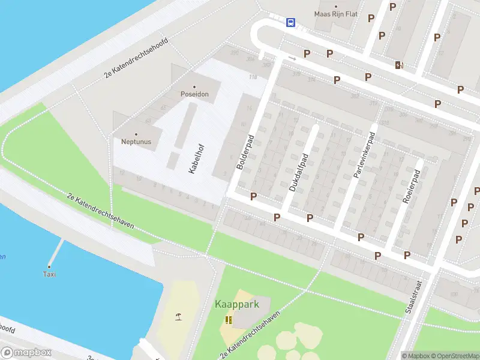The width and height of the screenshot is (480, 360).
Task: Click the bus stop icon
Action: coord(290,22)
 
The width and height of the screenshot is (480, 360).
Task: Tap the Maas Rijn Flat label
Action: coord(336,14)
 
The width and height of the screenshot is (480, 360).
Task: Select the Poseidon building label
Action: coord(194,94)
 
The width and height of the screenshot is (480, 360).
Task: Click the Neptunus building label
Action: coord(136,142)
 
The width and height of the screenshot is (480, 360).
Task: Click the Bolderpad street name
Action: coord(246,152)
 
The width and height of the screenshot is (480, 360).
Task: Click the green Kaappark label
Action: coord(237,304)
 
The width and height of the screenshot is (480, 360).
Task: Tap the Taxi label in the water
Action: coord(49,274)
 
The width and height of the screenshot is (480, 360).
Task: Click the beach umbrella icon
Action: coord(178,316)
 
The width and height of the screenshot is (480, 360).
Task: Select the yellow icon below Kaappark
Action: coord(228,319)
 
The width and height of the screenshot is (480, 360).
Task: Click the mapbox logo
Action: coord(26,353)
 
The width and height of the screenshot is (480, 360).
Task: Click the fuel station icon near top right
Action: coord(399,65)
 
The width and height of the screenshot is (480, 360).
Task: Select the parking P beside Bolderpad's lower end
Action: coord(253,196)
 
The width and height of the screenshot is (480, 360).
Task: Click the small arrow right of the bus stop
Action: coord(292,58)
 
